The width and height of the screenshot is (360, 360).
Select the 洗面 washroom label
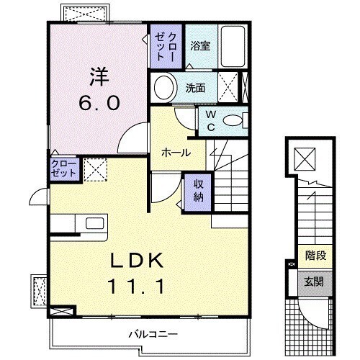[196, 89]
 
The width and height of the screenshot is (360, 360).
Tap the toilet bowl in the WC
[233, 121]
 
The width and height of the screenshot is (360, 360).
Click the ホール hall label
[176, 153]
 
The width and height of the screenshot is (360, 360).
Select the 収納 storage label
[197, 190]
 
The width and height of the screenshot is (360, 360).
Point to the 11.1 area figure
[140, 286]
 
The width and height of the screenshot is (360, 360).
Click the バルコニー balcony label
[153, 333]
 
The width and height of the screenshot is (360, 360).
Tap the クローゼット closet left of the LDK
[63, 169]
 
